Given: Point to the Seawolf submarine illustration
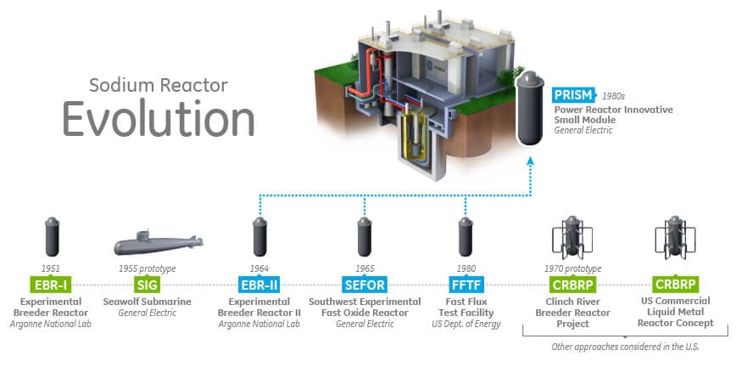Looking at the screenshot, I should coord(158,244).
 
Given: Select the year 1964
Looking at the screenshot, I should coord(260,268).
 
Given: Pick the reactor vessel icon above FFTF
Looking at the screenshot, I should coord(464,238).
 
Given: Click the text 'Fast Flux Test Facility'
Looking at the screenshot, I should coord(464,307).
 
